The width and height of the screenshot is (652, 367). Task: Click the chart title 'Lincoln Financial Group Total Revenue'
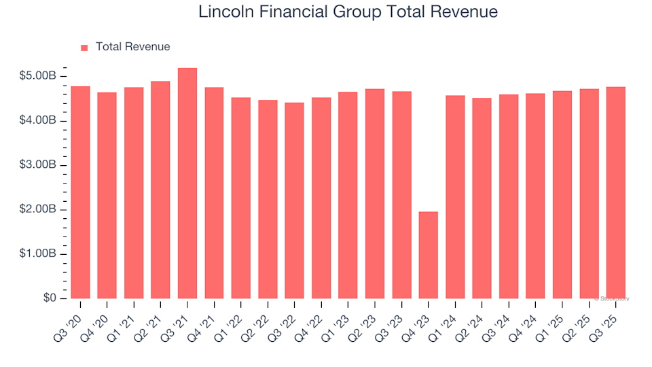coord(348,12)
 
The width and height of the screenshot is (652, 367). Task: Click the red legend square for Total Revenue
coord(84,48)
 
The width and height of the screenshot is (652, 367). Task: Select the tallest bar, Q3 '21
coord(187,183)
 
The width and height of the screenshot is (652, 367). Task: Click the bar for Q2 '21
coord(160,190)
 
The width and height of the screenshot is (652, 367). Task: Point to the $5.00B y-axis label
coord(37,76)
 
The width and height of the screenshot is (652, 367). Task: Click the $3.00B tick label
coord(37,165)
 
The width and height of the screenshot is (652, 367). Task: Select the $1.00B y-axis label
coord(37,254)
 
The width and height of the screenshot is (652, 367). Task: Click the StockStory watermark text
coord(612,298)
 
